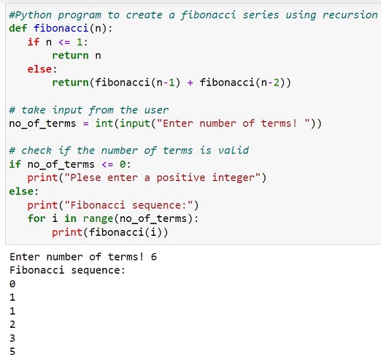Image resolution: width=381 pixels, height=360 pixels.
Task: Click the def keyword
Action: [18, 28]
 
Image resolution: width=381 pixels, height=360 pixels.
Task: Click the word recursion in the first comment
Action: [350, 15]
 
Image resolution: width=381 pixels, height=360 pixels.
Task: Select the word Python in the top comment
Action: [34, 15]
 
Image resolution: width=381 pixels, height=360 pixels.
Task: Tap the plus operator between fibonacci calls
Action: [190, 83]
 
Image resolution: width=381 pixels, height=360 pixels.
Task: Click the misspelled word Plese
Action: [85, 177]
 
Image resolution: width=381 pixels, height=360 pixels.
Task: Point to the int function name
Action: [104, 123]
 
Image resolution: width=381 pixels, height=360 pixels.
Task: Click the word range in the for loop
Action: [98, 218]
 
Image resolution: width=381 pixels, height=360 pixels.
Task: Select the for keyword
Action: [36, 218]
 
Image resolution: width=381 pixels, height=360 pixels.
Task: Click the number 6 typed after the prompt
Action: [153, 257]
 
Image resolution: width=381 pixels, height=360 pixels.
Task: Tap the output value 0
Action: [12, 284]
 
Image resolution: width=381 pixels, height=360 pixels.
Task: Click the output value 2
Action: [12, 324]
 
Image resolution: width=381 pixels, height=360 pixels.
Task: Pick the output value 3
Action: [12, 338]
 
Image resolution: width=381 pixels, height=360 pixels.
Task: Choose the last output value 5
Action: [12, 351]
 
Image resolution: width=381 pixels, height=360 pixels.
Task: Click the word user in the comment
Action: [156, 110]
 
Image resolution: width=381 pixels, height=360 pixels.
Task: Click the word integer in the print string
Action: [234, 177]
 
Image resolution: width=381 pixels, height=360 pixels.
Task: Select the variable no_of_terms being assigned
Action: [42, 123]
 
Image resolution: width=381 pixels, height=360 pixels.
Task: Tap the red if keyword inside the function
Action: [34, 42]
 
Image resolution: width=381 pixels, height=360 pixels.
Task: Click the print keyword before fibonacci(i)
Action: [67, 232]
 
